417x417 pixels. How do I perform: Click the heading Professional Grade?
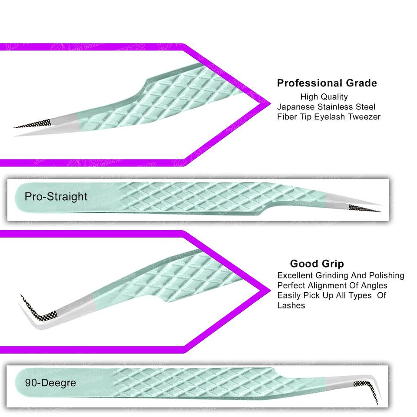tap(327, 83)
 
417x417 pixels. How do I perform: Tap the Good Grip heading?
tap(317, 264)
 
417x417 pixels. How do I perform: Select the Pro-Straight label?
tap(56, 196)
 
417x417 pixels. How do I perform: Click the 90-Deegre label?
tap(50, 383)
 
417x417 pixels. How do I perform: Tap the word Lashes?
tap(291, 305)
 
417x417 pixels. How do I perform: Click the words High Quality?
tap(324, 97)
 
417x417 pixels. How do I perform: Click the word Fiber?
tap(286, 116)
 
